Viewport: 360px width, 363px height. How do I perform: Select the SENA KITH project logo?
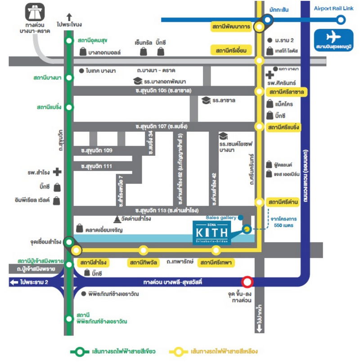pos(213,232)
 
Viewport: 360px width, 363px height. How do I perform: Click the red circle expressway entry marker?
pos(247,282)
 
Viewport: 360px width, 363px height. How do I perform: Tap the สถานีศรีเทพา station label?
pos(216,262)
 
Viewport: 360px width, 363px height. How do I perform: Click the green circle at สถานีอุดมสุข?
pos(68,40)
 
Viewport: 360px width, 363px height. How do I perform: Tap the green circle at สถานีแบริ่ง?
pos(68,107)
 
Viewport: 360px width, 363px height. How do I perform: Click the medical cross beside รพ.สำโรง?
pos(57,172)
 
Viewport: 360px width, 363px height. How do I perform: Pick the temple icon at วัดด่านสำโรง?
pos(117,219)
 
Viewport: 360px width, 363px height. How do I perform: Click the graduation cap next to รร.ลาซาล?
pos(206,100)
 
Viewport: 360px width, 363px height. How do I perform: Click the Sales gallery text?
pos(220,217)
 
